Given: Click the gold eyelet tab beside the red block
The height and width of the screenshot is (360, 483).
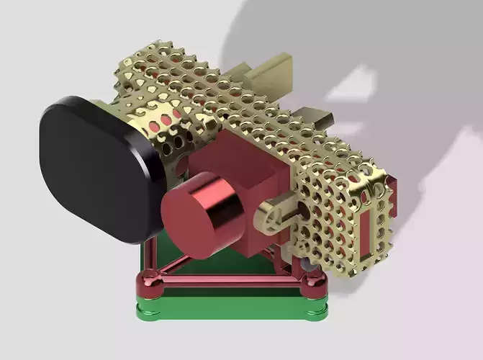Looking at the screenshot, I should tap(274, 215).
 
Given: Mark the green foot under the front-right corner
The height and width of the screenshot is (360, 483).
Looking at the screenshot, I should tap(315, 311).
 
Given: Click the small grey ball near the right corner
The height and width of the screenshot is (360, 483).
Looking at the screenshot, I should tap(307, 267).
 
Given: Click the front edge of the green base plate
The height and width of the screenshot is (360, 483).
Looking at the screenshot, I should tap(230, 311).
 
